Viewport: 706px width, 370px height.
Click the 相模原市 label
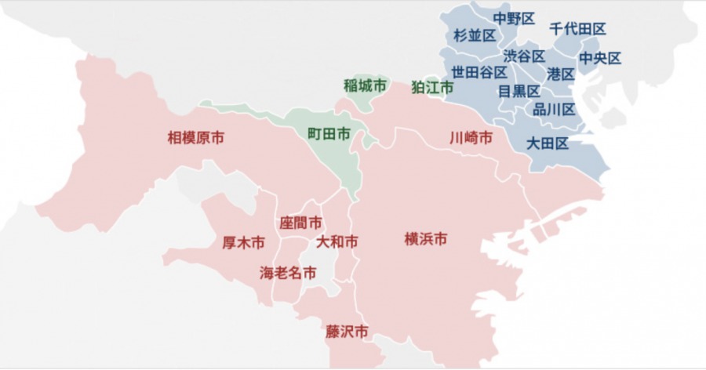(x=196, y=138)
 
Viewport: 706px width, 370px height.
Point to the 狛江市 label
(x=432, y=87)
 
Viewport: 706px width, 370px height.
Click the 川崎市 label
(x=471, y=138)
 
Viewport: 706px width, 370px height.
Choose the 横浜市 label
(x=426, y=238)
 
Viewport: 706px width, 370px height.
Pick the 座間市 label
(x=300, y=223)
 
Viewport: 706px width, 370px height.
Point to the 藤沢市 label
(x=347, y=332)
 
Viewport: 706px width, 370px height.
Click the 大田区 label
(x=548, y=143)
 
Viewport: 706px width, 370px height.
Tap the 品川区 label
(x=554, y=109)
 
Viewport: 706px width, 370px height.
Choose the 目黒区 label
(x=519, y=91)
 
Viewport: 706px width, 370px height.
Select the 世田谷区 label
(x=479, y=72)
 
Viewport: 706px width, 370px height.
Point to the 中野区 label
(x=514, y=17)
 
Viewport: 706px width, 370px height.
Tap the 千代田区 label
(x=577, y=28)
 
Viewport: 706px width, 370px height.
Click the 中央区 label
(x=600, y=58)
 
